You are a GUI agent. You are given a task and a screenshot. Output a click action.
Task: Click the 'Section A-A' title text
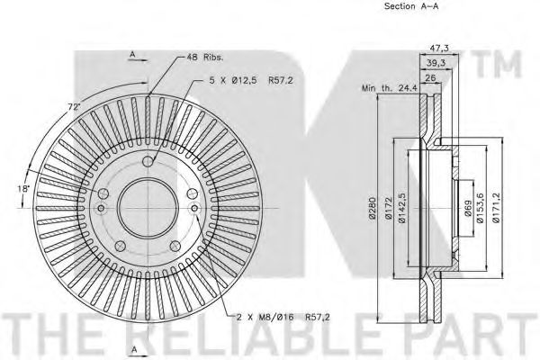(411, 6)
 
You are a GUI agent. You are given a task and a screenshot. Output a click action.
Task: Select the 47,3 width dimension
(439, 48)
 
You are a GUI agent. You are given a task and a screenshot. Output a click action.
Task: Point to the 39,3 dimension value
(436, 63)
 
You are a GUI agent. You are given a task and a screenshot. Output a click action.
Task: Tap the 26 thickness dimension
(430, 77)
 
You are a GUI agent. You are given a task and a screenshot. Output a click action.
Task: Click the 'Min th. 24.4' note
(389, 88)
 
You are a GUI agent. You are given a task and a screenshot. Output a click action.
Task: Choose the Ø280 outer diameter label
(373, 208)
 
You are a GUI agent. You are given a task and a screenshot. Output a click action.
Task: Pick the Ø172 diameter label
(389, 208)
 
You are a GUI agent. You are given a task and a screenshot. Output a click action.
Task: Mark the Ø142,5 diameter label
(402, 208)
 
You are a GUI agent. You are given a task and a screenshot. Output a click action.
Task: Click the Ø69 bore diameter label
(467, 208)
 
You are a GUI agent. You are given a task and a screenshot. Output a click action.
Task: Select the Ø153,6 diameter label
(481, 208)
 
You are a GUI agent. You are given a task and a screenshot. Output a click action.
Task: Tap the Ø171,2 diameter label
(496, 208)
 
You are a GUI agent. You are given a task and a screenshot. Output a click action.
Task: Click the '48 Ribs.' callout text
(205, 58)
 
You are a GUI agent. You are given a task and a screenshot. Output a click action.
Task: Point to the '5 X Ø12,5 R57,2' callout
(251, 81)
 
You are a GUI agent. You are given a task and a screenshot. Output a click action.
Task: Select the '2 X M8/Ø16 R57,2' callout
(283, 317)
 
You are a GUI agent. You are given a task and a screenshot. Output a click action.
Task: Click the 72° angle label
(74, 106)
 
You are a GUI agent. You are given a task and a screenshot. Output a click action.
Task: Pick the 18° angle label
(24, 189)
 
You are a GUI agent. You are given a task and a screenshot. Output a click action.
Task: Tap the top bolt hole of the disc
(148, 161)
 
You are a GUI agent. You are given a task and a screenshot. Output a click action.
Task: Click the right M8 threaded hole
(194, 208)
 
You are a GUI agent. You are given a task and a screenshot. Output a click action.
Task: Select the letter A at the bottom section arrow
(135, 349)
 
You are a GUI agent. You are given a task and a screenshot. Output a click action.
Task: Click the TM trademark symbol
(499, 64)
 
